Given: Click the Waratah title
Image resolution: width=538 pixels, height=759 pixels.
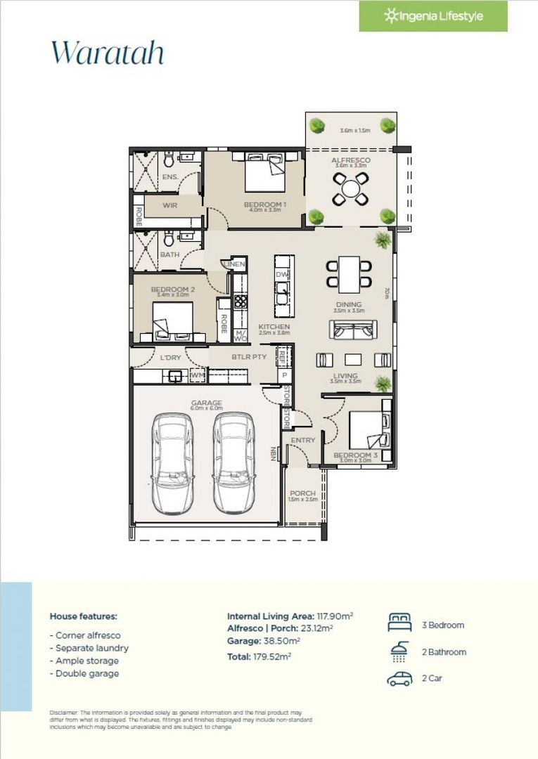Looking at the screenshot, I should pyautogui.click(x=107, y=52).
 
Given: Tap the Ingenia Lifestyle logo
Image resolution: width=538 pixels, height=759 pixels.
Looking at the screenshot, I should pyautogui.click(x=433, y=15).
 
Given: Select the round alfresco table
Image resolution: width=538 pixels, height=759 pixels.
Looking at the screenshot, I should pyautogui.click(x=350, y=188).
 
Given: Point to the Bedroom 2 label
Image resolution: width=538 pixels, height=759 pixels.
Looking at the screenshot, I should pyautogui.click(x=172, y=289).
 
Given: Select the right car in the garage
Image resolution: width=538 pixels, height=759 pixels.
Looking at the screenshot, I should pyautogui.click(x=234, y=462).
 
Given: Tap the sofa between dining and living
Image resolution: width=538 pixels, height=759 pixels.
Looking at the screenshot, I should pyautogui.click(x=353, y=331).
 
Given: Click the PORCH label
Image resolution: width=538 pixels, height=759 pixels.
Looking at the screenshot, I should pyautogui.click(x=302, y=493).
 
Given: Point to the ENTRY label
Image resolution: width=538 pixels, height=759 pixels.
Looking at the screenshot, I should pyautogui.click(x=303, y=441).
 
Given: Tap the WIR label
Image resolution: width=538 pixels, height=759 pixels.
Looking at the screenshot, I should pyautogui.click(x=169, y=205).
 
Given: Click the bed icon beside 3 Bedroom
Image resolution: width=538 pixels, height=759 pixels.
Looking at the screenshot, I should pyautogui.click(x=399, y=623).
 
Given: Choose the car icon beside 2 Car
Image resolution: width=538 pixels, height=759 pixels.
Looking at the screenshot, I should pyautogui.click(x=399, y=679).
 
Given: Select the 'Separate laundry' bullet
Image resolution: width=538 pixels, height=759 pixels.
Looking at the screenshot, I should pyautogui.click(x=89, y=648).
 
